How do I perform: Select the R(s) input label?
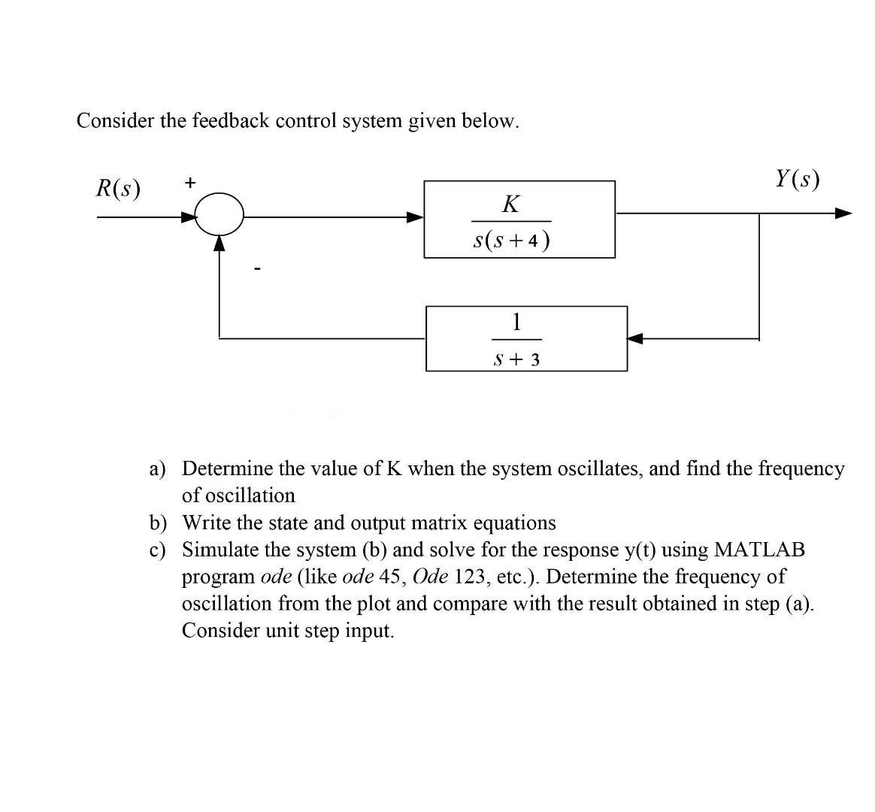[x=118, y=187]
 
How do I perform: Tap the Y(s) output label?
[x=797, y=179]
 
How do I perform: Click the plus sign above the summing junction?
[x=190, y=182]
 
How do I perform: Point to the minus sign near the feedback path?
[x=258, y=267]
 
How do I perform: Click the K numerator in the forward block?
[x=510, y=204]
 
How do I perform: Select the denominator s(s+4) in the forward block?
[x=511, y=240]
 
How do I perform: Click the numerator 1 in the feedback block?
[x=516, y=323]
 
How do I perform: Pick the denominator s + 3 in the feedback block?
[x=516, y=359]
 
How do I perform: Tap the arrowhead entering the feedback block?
[x=636, y=338]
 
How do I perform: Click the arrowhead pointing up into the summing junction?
[x=219, y=242]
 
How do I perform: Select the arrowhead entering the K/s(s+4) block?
[x=415, y=217]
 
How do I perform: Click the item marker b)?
[x=157, y=523]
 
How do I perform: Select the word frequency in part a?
[x=801, y=469]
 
